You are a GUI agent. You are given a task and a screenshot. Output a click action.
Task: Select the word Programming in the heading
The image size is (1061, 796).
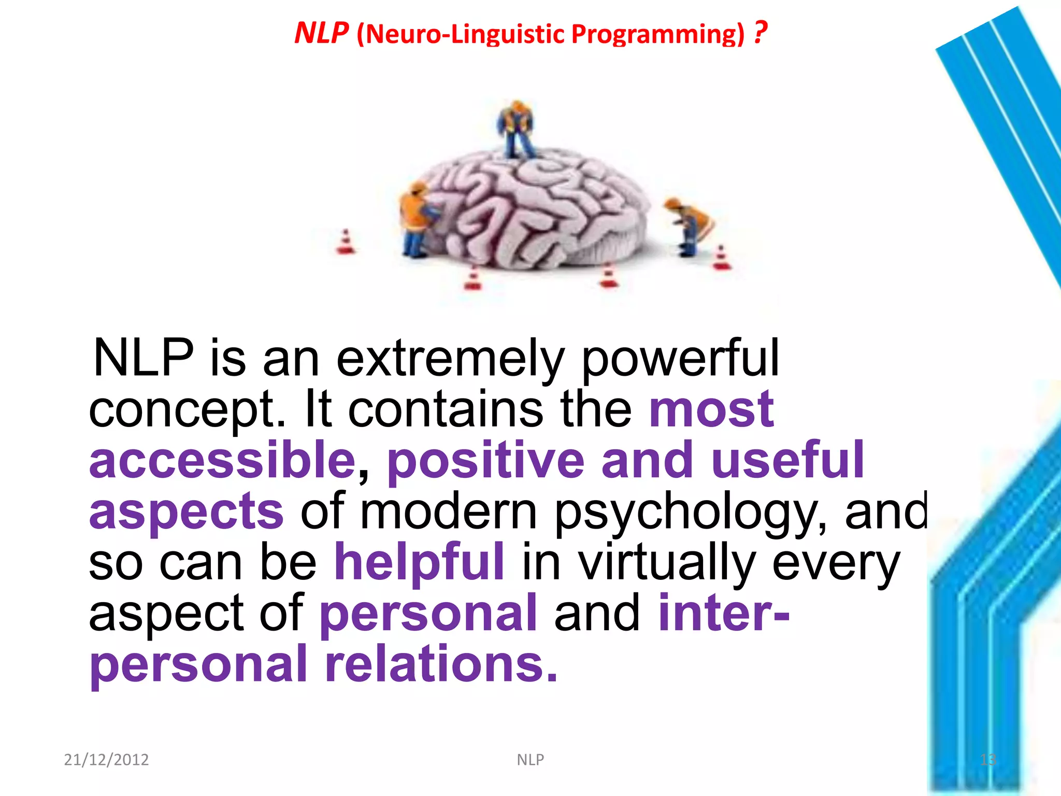[x=657, y=34]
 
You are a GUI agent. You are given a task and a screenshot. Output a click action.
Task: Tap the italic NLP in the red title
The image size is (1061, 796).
[x=321, y=33]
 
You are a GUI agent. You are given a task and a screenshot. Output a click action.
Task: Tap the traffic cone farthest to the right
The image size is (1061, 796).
[x=721, y=258]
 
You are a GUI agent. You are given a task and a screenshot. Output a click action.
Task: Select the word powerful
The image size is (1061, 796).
[x=680, y=359]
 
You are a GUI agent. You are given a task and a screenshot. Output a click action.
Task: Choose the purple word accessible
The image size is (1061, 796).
[x=222, y=460]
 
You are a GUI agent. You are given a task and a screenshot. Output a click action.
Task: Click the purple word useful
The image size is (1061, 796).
[x=787, y=460]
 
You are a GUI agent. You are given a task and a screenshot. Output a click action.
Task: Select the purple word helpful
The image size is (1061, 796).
[x=419, y=562]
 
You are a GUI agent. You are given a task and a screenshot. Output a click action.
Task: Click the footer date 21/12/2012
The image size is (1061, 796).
[x=106, y=760]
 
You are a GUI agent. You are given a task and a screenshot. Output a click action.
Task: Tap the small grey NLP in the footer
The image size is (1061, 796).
[x=530, y=760]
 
